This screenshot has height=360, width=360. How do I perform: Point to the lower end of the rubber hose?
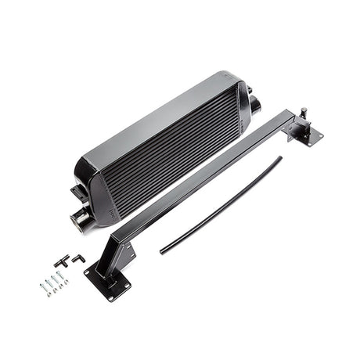click(163, 251)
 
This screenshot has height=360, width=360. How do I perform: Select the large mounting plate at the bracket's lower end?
click(107, 279)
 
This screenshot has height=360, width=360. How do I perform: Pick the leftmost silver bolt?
click(42, 287)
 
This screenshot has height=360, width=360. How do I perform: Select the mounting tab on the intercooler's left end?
click(78, 192)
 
